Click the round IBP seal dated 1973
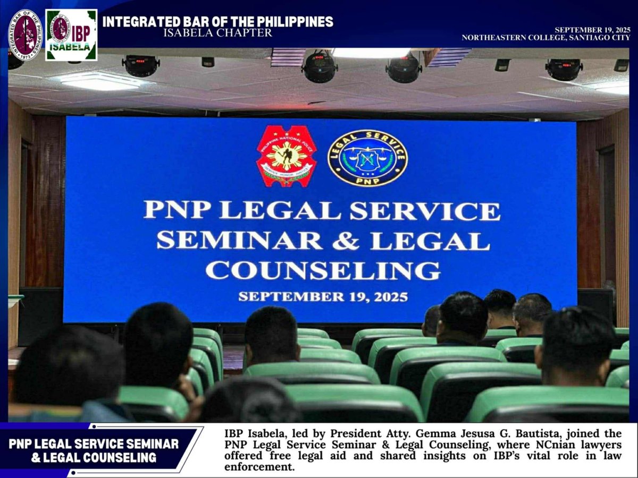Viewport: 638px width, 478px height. [x=25, y=35]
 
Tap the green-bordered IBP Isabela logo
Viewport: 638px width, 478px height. [x=71, y=35]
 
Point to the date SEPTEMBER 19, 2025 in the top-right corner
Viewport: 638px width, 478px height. [x=592, y=30]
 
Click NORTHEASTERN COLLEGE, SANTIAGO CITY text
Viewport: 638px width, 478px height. [x=546, y=38]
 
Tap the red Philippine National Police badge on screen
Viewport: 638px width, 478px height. [x=286, y=156]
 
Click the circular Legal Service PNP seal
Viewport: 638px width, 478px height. [x=367, y=158]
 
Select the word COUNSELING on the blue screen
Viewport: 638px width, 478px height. [x=323, y=270]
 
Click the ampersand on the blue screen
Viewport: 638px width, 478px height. [x=346, y=241]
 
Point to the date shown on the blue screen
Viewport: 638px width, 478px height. [x=323, y=297]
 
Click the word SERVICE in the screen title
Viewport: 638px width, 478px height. [x=424, y=211]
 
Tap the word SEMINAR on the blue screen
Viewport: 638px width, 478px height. [x=239, y=241]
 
